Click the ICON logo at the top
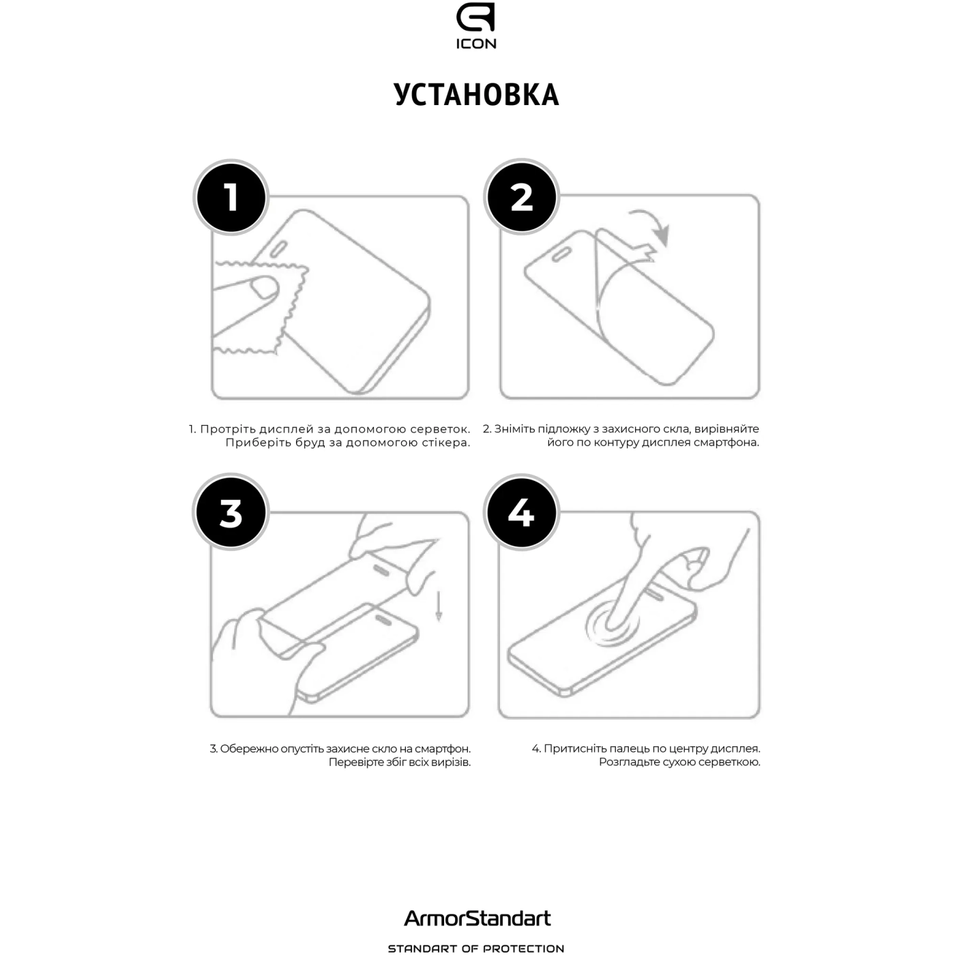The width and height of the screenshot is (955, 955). (x=476, y=27)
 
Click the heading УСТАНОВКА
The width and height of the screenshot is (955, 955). (x=476, y=95)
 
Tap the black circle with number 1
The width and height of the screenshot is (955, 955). (x=231, y=197)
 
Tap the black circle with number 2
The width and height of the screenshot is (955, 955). (x=521, y=197)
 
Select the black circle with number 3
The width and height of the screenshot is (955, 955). (x=231, y=513)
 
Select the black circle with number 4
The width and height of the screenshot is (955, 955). (x=521, y=513)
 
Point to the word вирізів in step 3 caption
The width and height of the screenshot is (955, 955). (x=450, y=763)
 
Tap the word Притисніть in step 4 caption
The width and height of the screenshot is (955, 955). (x=573, y=749)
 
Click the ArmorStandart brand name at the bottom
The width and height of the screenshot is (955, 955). (x=477, y=918)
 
